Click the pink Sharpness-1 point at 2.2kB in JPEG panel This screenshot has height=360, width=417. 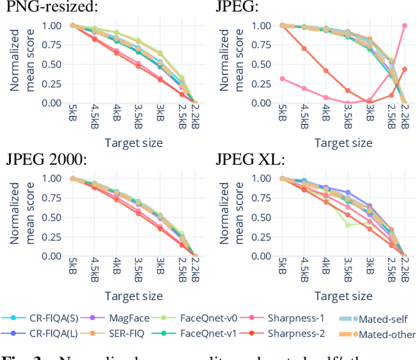point(404,25)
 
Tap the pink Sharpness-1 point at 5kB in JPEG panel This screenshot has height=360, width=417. point(281,79)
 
